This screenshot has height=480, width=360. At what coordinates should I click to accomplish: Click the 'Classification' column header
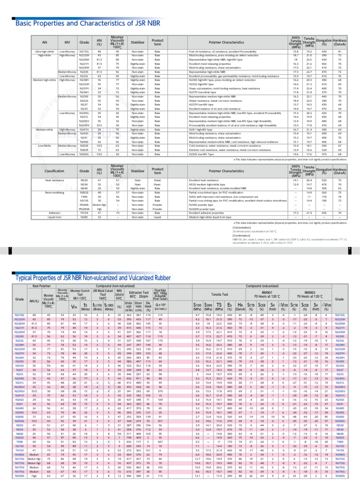[x=54, y=171]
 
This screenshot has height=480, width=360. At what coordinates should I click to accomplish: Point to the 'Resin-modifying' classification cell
[x=54, y=192]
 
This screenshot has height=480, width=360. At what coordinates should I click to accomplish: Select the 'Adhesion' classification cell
[x=54, y=212]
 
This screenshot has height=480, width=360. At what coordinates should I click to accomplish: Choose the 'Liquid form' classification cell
[x=54, y=217]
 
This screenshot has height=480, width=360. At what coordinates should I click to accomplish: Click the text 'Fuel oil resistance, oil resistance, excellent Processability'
[x=221, y=51]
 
